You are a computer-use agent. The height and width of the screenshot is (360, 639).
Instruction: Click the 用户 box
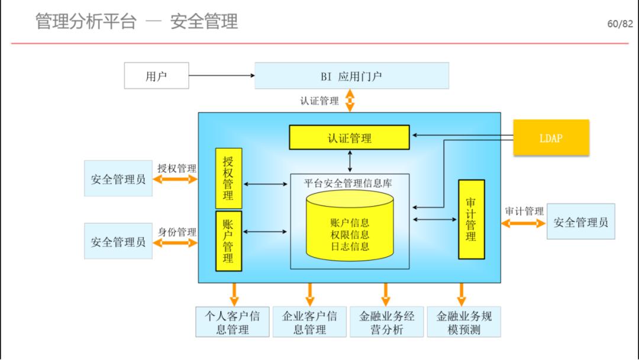pyautogui.click(x=156, y=75)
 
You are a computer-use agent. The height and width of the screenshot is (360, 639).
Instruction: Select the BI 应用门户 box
pyautogui.click(x=351, y=75)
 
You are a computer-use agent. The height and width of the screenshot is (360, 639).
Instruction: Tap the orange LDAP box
pyautogui.click(x=551, y=137)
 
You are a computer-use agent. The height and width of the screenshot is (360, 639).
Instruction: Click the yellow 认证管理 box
pyautogui.click(x=349, y=137)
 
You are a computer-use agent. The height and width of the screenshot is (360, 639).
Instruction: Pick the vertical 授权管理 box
pyautogui.click(x=228, y=179)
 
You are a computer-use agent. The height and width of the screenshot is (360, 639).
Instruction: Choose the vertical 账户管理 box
pyautogui.click(x=228, y=241)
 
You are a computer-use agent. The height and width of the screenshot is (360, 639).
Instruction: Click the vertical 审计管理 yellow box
pyautogui.click(x=472, y=219)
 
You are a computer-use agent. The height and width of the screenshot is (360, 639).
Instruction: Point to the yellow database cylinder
pyautogui.click(x=350, y=226)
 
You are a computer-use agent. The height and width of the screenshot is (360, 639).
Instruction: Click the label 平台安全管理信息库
pyautogui.click(x=348, y=184)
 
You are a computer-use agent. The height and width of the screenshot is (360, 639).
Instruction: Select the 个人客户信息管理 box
pyautogui.click(x=233, y=322)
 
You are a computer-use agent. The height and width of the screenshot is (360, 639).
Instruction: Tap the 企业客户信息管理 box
pyautogui.click(x=309, y=322)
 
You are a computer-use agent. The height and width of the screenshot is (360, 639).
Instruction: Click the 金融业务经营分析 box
pyautogui.click(x=387, y=322)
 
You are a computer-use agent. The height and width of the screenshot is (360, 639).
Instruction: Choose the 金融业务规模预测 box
pyautogui.click(x=464, y=322)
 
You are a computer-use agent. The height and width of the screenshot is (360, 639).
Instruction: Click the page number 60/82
pyautogui.click(x=620, y=24)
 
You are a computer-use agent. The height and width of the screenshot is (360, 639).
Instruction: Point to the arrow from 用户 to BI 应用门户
pyautogui.click(x=222, y=75)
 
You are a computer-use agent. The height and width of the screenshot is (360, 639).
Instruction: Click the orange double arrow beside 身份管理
pyautogui.click(x=175, y=243)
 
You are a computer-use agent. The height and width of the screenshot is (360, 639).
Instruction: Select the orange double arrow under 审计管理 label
pyautogui.click(x=524, y=223)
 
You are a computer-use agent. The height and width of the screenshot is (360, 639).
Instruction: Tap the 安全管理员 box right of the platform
pyautogui.click(x=581, y=221)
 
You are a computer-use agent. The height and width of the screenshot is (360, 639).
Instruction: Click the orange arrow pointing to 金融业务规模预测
pyautogui.click(x=461, y=294)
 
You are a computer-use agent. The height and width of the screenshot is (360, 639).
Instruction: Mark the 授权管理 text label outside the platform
pyautogui.click(x=177, y=168)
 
